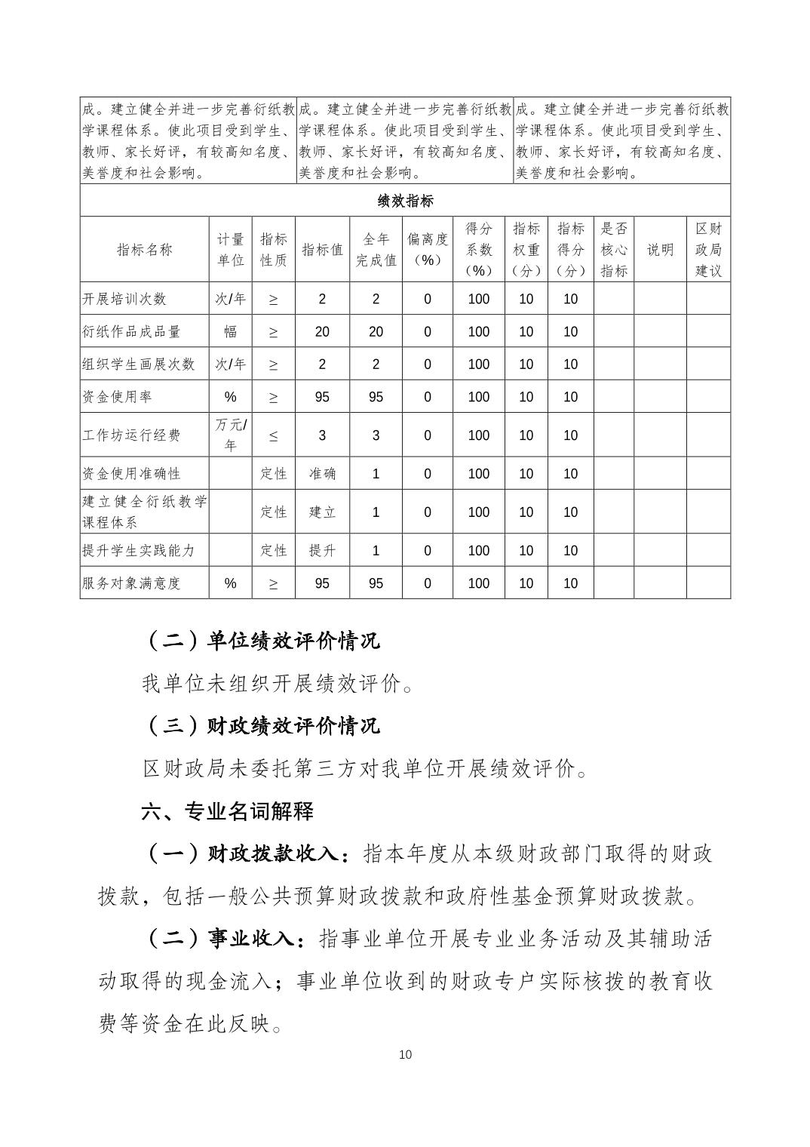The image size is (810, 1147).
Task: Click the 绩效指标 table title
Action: point(405,201)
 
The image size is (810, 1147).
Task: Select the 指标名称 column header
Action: point(144,250)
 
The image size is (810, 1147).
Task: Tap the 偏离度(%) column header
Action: point(427,250)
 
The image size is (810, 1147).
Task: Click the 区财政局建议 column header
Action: point(707,250)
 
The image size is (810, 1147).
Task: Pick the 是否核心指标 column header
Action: point(613,250)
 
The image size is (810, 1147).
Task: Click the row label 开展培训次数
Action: point(124,299)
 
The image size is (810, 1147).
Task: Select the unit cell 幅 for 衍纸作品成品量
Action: point(230,331)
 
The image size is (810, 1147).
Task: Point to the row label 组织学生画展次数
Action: point(139,364)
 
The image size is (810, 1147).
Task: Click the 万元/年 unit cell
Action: point(230,435)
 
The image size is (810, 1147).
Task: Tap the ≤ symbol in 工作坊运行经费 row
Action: point(273,435)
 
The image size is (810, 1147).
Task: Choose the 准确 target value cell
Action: point(322,474)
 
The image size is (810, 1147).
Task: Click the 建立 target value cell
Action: point(322,512)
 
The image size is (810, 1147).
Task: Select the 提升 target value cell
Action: point(322,551)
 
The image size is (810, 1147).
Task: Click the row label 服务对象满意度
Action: point(132,583)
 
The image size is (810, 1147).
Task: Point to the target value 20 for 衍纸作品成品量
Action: point(322,331)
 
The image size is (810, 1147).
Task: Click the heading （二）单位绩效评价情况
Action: point(261,641)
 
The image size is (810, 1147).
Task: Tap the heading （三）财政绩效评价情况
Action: point(261,726)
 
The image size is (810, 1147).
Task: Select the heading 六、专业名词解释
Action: point(227,812)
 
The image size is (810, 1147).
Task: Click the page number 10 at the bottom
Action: point(405,1055)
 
